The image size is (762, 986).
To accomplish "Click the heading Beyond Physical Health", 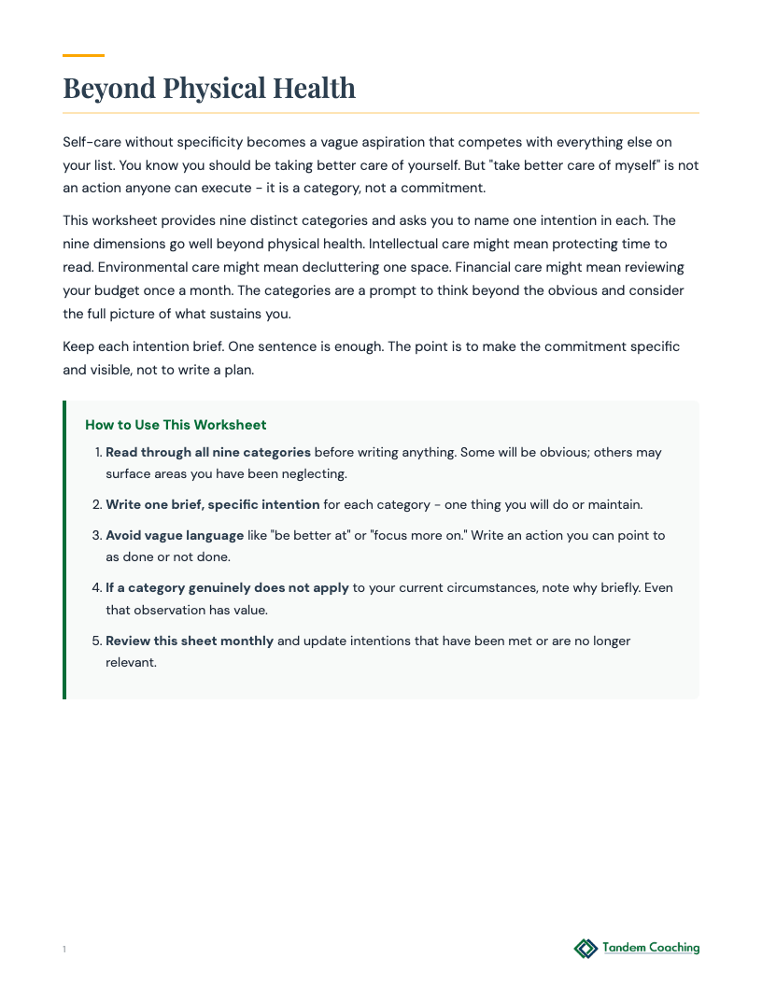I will click(x=209, y=88).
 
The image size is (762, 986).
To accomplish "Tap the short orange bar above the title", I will click(x=83, y=55).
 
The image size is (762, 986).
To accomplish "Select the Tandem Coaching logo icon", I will click(x=586, y=949).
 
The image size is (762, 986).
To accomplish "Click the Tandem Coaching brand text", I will click(x=651, y=948).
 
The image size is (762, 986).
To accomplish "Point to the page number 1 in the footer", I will click(x=64, y=950).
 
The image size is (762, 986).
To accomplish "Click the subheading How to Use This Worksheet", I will click(x=176, y=425).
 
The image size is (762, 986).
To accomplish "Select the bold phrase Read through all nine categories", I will click(x=207, y=452).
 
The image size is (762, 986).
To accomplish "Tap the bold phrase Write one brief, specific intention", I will click(x=212, y=504).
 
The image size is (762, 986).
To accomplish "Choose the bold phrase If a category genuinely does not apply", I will click(x=227, y=588).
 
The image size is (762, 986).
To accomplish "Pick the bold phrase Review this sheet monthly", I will click(x=190, y=641).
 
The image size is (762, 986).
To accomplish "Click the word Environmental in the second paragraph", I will click(x=106, y=267).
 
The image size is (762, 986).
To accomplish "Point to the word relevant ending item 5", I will click(x=131, y=662).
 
